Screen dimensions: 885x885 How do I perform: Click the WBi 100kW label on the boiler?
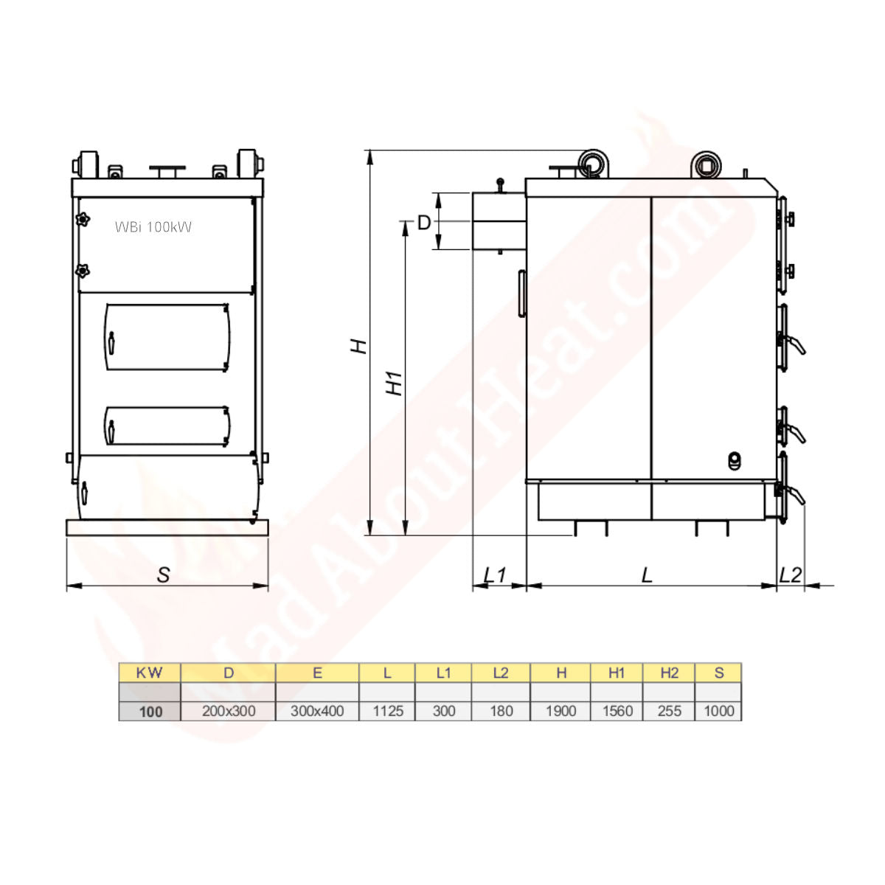coord(153,227)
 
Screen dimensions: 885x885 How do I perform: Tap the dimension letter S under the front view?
coord(164,575)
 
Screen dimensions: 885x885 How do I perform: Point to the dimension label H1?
coord(396,382)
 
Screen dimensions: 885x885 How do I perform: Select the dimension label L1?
coord(495,575)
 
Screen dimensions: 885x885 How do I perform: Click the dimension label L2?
coord(790,575)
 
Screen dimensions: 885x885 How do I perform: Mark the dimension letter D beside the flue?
coord(424,222)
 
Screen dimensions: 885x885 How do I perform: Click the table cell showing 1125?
coord(387,711)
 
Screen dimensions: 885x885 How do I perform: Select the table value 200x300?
coord(229,711)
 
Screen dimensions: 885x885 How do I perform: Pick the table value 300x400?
coord(317,711)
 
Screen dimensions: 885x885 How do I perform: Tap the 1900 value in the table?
coord(560,711)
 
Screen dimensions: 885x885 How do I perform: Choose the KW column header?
coord(150,673)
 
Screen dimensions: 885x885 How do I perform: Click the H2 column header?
coord(669,673)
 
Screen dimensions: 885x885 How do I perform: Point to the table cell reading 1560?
coord(617,711)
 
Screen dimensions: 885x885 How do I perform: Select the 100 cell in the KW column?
coord(150,711)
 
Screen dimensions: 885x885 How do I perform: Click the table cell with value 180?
coord(501,711)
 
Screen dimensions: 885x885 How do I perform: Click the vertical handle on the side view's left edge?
coord(522,294)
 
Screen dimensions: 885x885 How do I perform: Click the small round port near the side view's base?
coord(734,460)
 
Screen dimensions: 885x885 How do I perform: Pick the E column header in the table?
coord(317,673)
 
